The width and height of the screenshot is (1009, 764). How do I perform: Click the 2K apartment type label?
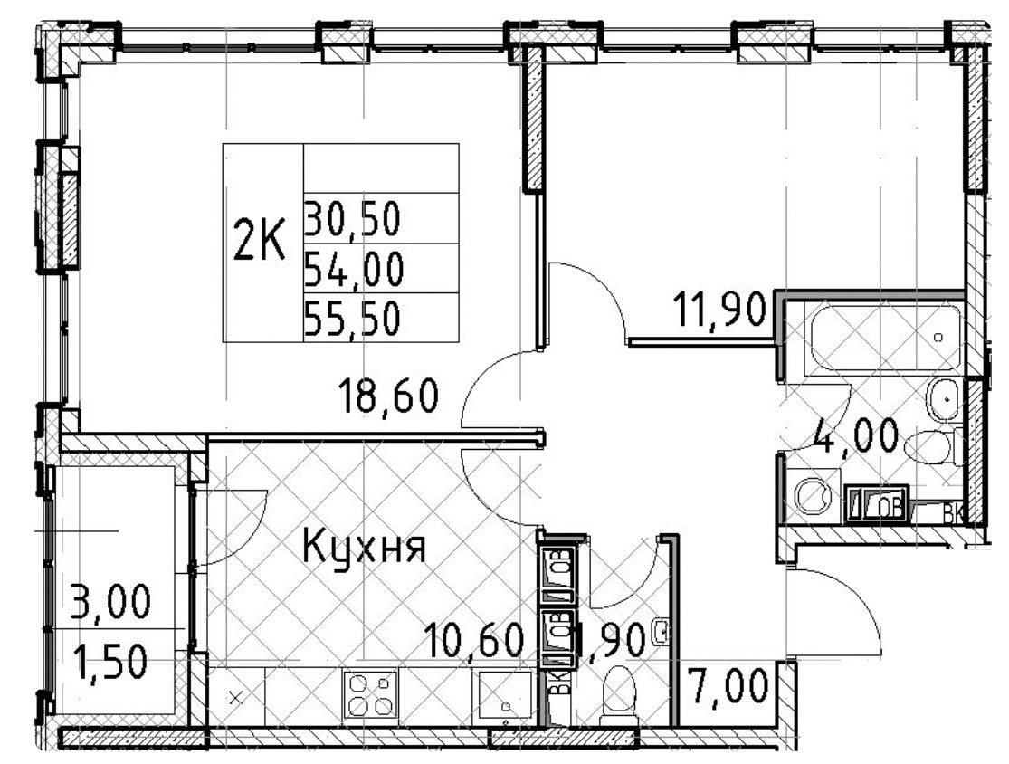(x=260, y=243)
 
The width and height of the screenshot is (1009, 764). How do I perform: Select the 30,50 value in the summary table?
(x=352, y=218)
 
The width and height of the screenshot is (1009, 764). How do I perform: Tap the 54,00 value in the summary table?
(x=353, y=268)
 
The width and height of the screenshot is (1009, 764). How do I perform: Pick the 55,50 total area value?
(x=353, y=319)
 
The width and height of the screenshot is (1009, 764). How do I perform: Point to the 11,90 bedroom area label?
(x=720, y=313)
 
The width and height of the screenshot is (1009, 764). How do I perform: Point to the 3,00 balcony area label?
(x=109, y=602)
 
